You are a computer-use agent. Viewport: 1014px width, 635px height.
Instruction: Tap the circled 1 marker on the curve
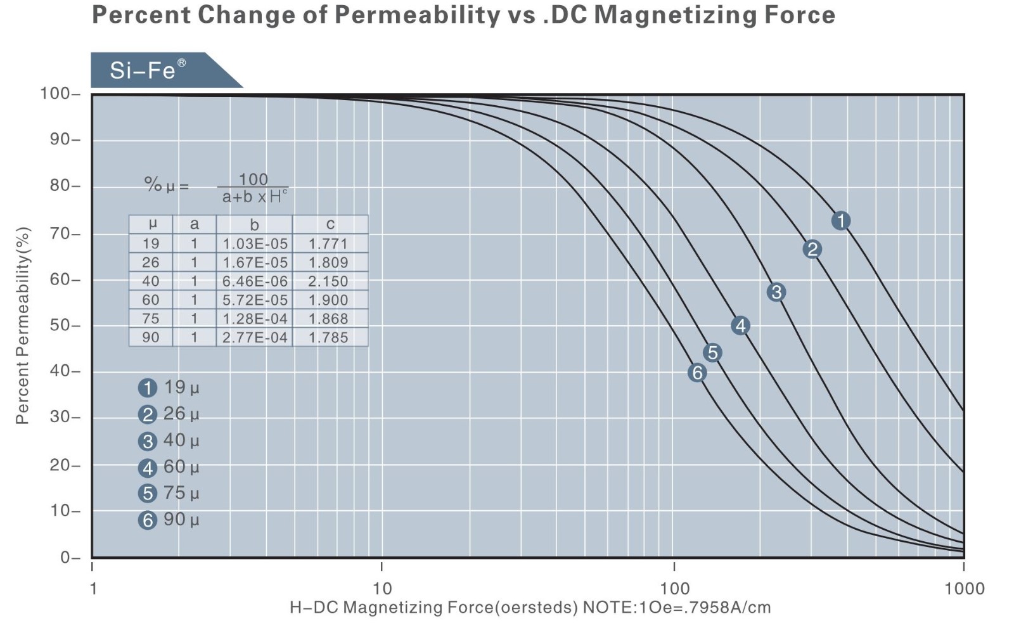(840, 221)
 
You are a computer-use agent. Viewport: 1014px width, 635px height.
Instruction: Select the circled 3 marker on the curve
(776, 292)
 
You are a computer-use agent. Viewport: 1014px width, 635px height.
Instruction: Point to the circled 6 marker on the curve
(697, 373)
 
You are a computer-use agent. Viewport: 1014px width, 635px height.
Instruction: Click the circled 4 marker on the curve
(740, 326)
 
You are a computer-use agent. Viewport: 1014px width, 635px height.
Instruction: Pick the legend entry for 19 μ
(169, 387)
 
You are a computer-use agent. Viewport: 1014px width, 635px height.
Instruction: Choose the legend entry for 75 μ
(169, 493)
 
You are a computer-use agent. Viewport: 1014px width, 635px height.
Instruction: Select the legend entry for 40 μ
(169, 440)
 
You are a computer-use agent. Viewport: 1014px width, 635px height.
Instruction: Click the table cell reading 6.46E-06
(255, 281)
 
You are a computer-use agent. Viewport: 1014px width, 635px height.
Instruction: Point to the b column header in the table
(254, 224)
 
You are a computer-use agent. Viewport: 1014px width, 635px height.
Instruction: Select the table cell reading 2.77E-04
(255, 338)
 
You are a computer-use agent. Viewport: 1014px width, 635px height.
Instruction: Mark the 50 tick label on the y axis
(61, 326)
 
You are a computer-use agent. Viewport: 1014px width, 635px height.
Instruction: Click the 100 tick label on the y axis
(56, 94)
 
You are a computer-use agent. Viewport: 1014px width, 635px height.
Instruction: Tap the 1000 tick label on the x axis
(964, 589)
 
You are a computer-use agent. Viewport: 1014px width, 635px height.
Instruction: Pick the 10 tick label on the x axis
(382, 589)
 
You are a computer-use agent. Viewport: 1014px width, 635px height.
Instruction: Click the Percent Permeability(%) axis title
(23, 325)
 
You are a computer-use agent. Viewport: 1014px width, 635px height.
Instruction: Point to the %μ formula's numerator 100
(253, 179)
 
